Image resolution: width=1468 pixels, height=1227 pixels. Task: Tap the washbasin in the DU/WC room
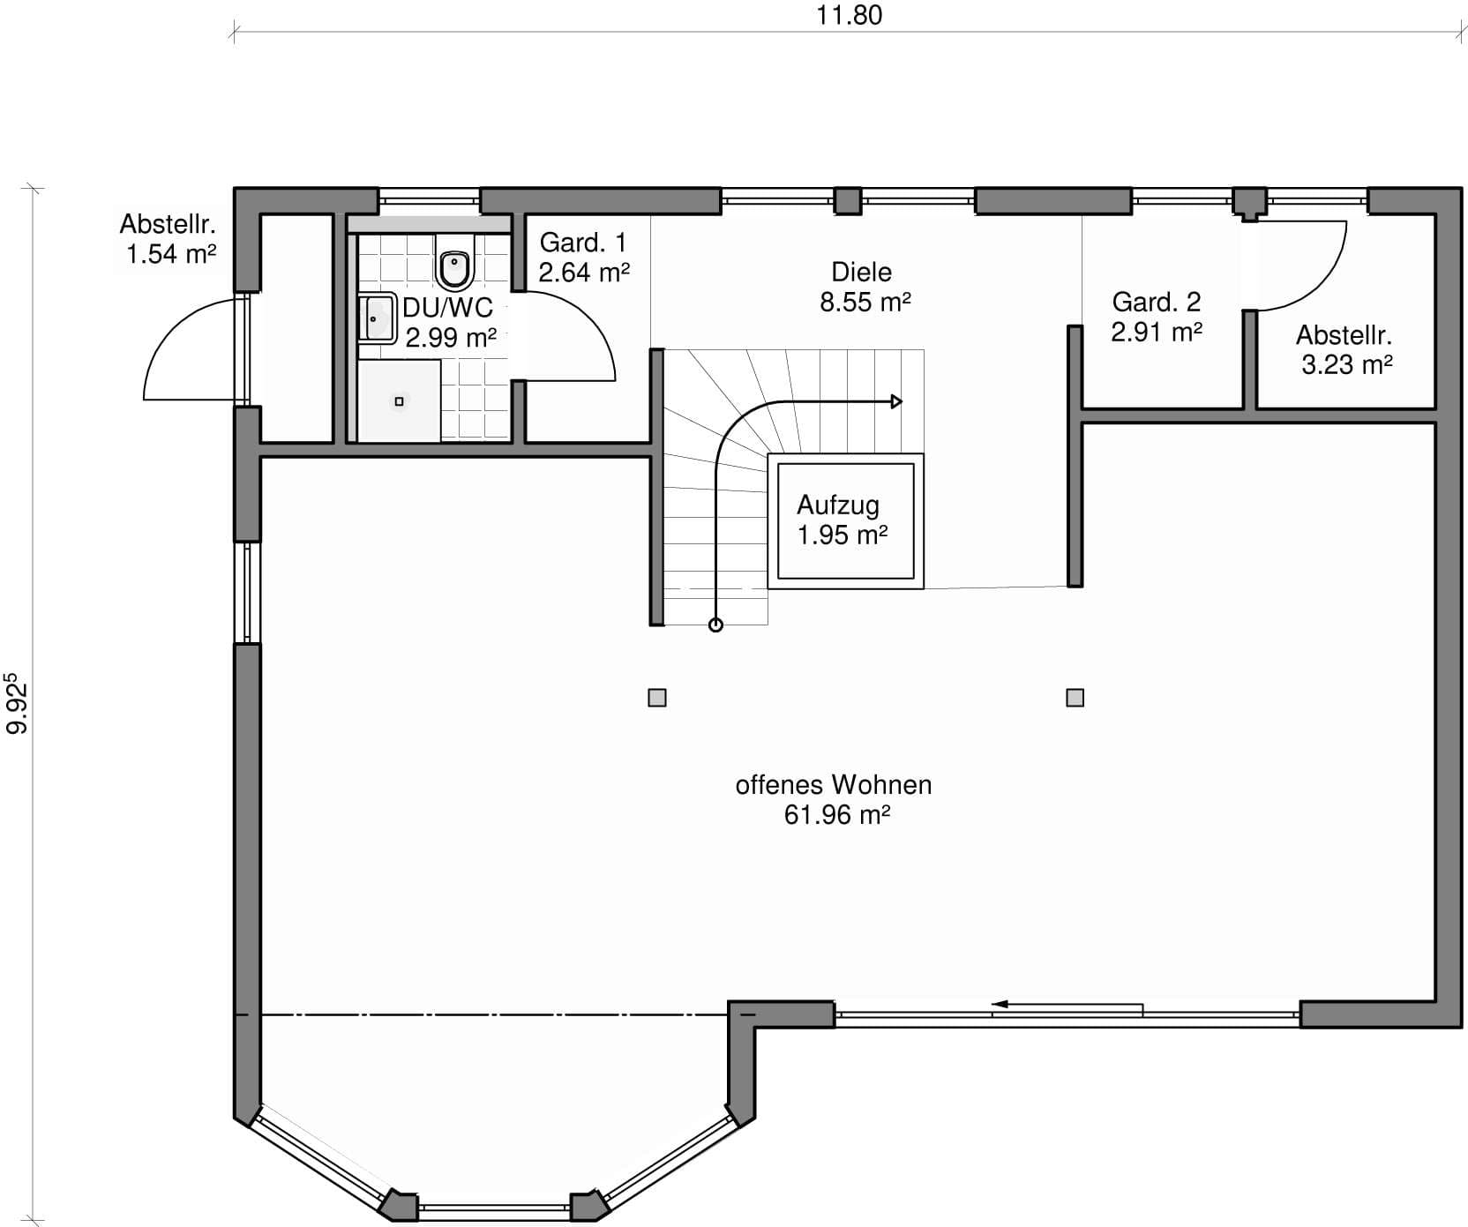pyautogui.click(x=377, y=318)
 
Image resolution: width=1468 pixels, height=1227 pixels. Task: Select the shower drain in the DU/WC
pyautogui.click(x=399, y=401)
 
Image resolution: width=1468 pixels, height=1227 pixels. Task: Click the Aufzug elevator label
pyautogui.click(x=838, y=505)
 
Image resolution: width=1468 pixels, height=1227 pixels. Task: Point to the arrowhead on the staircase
pyautogui.click(x=896, y=402)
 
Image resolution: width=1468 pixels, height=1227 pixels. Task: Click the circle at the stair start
pyautogui.click(x=716, y=625)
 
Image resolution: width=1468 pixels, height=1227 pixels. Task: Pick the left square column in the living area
pyautogui.click(x=657, y=698)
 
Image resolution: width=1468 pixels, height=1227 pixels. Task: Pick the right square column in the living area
pyautogui.click(x=1075, y=698)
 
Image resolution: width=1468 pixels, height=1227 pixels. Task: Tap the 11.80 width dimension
pyautogui.click(x=849, y=15)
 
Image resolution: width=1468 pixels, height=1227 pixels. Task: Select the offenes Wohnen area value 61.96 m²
pyautogui.click(x=836, y=814)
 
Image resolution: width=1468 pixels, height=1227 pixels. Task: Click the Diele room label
pyautogui.click(x=862, y=272)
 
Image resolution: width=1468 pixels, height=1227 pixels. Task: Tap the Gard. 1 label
pyautogui.click(x=583, y=242)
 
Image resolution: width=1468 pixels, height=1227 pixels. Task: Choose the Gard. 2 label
pyautogui.click(x=1157, y=302)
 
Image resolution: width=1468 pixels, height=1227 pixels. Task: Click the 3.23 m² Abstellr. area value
pyautogui.click(x=1346, y=364)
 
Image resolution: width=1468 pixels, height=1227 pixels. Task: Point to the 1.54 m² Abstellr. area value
pyautogui.click(x=171, y=254)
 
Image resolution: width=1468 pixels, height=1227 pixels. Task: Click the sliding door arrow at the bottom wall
pyautogui.click(x=1067, y=1004)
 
